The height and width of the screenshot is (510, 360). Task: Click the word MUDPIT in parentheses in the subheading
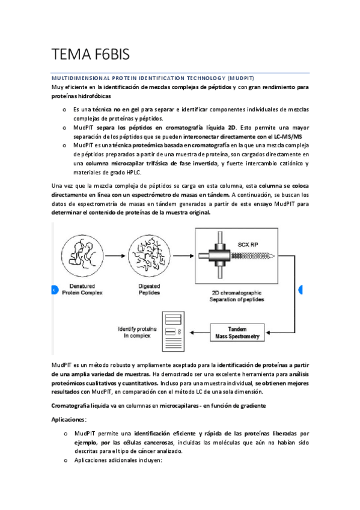(240, 79)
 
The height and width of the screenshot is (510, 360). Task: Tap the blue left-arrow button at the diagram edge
(55, 289)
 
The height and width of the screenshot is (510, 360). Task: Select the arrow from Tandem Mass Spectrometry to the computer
(196, 333)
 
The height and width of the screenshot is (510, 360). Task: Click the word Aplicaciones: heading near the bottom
(69, 419)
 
